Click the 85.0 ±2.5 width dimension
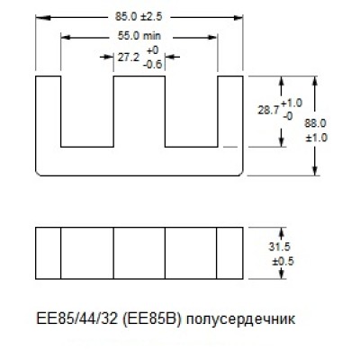coord(139,17)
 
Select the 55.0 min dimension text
coord(139,36)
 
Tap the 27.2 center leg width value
coord(129,58)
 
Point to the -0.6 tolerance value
coord(152,64)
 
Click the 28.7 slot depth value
coord(268,111)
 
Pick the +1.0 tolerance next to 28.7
coord(292,103)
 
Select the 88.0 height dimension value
coord(316,123)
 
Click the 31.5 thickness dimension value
coord(279,247)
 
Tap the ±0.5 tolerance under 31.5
coord(283,261)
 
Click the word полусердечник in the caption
coord(240,319)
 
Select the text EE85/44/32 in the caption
coord(76,319)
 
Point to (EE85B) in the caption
coord(152,319)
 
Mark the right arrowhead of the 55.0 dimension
coord(212,37)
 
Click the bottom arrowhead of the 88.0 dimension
coord(315,170)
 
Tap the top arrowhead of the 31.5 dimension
coord(282,232)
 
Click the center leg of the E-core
coord(139,112)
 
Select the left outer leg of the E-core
coord(49,112)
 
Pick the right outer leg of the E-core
coord(230,112)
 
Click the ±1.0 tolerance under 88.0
coord(317,138)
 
